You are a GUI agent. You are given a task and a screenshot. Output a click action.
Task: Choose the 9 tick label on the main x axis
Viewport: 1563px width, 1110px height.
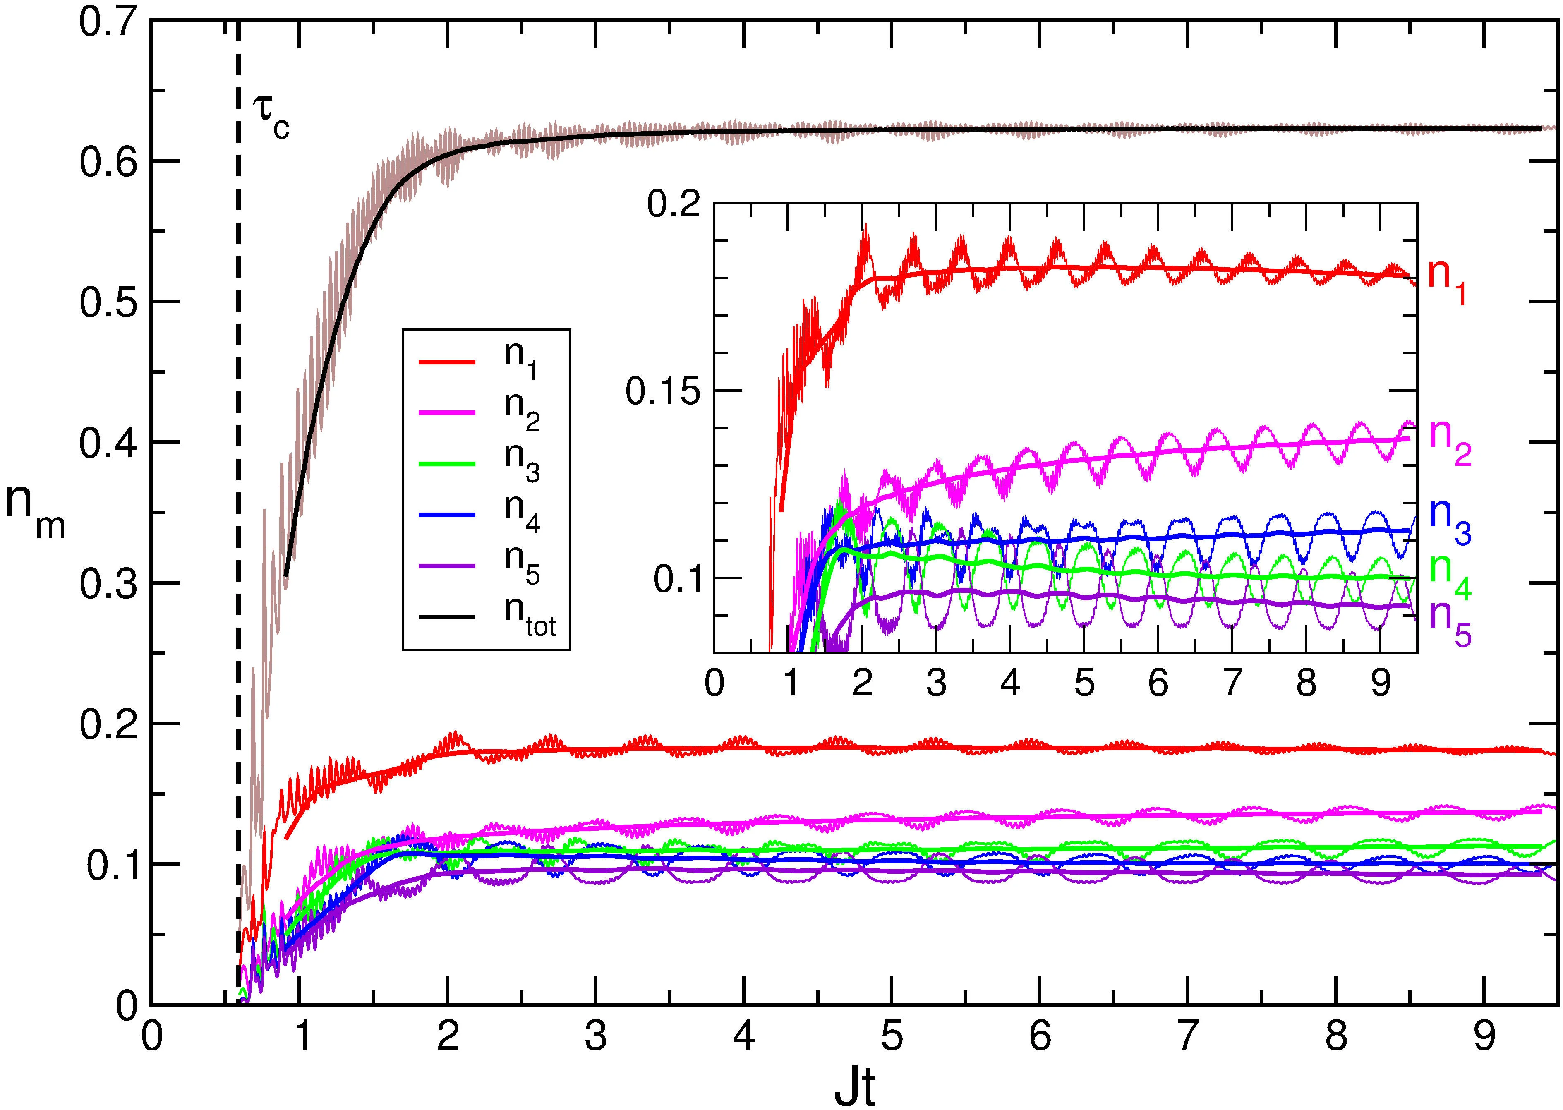click(x=1483, y=1037)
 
